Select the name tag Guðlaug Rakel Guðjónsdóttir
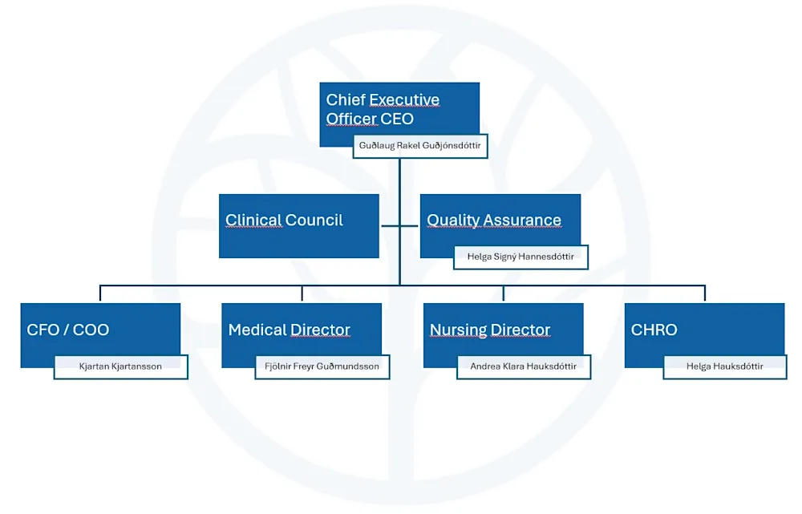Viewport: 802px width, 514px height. tap(420, 147)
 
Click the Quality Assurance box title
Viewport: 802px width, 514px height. tap(494, 221)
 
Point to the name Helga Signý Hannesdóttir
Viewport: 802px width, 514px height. tap(520, 257)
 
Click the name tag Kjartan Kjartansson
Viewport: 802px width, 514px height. tap(120, 366)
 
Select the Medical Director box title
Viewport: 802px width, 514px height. tap(290, 330)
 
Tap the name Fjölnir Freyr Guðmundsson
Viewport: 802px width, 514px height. tap(322, 366)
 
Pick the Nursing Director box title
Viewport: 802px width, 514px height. tap(490, 330)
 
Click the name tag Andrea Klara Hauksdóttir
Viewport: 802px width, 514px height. tap(523, 366)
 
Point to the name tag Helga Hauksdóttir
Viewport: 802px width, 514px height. tap(724, 366)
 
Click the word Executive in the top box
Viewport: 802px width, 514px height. tap(404, 100)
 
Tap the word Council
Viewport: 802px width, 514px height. tap(314, 221)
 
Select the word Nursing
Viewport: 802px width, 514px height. tap(459, 330)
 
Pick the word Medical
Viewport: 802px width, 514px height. tap(257, 330)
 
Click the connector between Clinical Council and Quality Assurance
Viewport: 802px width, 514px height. tap(399, 226)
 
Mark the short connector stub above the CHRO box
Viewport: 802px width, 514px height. tap(705, 293)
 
